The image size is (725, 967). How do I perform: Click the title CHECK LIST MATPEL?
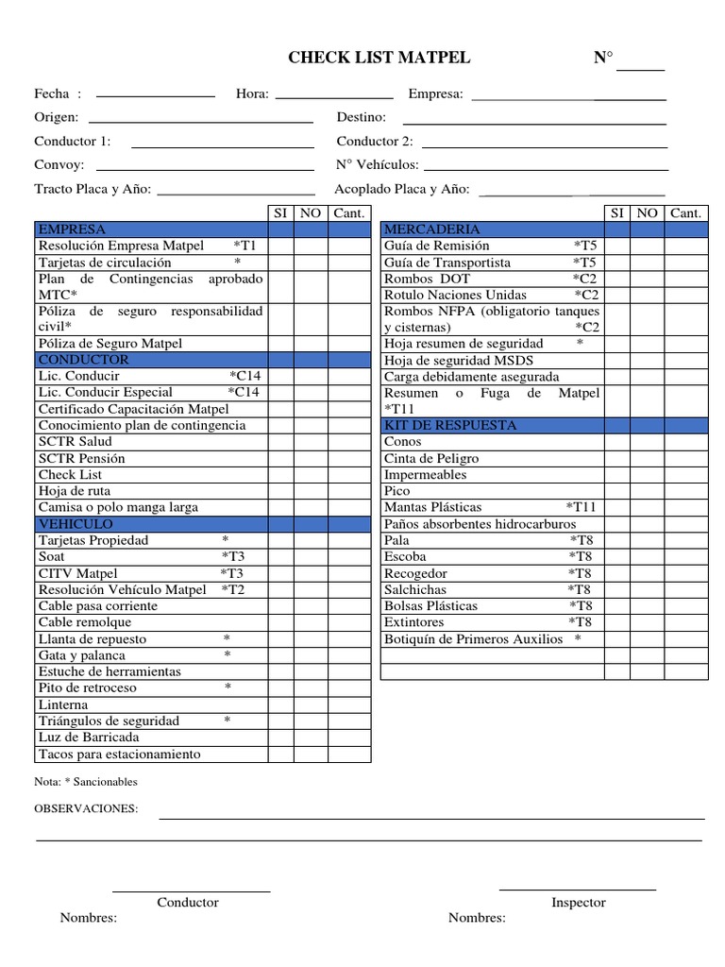point(379,59)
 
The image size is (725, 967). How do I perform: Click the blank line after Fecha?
point(156,94)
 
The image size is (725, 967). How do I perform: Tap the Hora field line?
point(333,94)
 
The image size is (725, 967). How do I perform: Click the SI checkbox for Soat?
point(280,557)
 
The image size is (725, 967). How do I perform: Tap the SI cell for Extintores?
point(617,622)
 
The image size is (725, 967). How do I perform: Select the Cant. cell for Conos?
point(686,442)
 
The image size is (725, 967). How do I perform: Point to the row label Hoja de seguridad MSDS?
point(459,360)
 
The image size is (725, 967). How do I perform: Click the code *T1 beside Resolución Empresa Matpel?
point(244,246)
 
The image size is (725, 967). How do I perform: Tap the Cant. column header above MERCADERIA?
point(686,213)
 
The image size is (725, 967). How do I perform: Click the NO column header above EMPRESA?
point(311,213)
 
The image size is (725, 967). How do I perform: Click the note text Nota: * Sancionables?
point(86,782)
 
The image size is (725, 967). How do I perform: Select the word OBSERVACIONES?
point(86,809)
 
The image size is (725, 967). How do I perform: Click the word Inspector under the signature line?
point(579,903)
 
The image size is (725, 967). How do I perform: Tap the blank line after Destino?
point(535,120)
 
